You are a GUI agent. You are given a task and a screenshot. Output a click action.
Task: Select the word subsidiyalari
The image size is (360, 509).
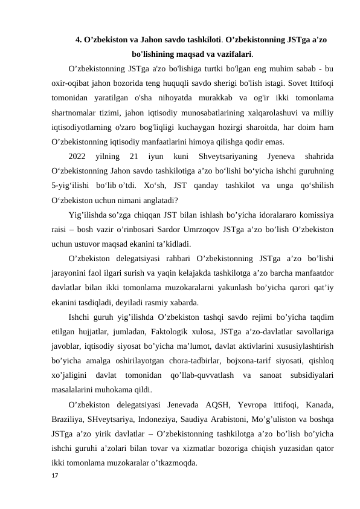coord(309,371)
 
